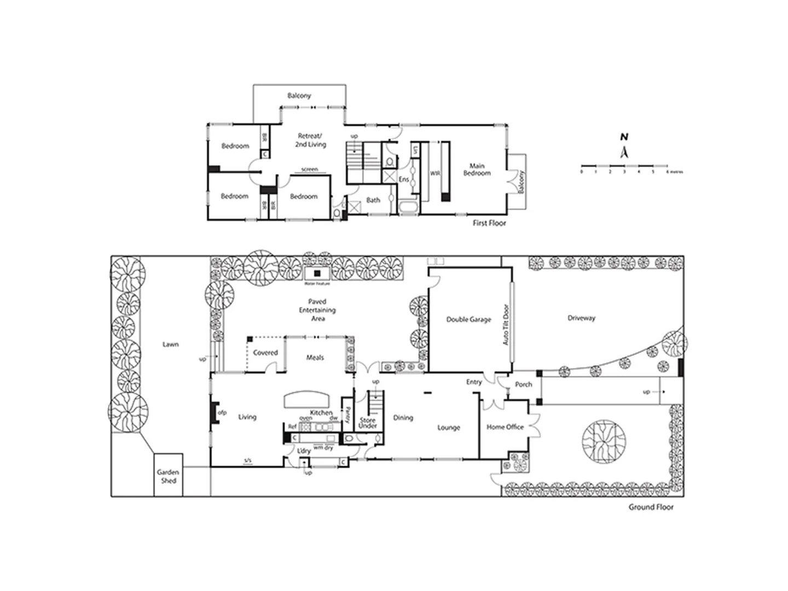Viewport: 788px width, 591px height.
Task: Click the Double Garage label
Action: pyautogui.click(x=468, y=320)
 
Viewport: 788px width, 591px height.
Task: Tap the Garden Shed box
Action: pyautogui.click(x=168, y=476)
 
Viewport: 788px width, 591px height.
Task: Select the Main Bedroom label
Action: pyautogui.click(x=477, y=170)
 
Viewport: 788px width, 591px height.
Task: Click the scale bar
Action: pyautogui.click(x=624, y=166)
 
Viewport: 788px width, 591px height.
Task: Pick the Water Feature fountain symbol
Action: pyautogui.click(x=317, y=273)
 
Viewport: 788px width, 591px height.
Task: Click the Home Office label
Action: pyautogui.click(x=505, y=427)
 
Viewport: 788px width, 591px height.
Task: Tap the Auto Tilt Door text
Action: pyautogui.click(x=506, y=325)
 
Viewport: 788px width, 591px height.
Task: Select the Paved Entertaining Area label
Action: pyautogui.click(x=317, y=310)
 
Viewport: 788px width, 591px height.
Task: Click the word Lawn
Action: pyautogui.click(x=170, y=344)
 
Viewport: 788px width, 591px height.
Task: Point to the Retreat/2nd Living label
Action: pyautogui.click(x=310, y=140)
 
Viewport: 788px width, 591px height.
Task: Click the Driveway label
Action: pyautogui.click(x=581, y=318)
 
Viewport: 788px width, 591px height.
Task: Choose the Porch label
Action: pyautogui.click(x=523, y=385)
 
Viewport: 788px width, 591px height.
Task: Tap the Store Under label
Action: pyautogui.click(x=368, y=423)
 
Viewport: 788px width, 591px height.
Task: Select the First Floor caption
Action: pyautogui.click(x=489, y=223)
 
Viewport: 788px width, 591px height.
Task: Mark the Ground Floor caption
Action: pyautogui.click(x=651, y=507)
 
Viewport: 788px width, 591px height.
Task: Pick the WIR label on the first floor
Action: pyautogui.click(x=435, y=173)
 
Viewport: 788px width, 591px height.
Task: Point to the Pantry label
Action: pyautogui.click(x=347, y=414)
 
